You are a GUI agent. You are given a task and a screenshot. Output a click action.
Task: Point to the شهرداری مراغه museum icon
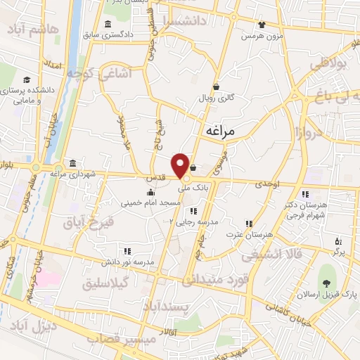[72, 162]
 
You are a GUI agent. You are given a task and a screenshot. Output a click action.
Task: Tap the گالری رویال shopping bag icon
[215, 87]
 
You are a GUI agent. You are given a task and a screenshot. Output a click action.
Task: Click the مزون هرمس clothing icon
[262, 23]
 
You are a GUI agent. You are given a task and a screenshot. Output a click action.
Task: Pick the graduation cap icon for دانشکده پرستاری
[27, 80]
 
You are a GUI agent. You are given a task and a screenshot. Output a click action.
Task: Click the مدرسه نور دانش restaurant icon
[127, 250]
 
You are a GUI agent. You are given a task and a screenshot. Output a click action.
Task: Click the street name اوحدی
[267, 184]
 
